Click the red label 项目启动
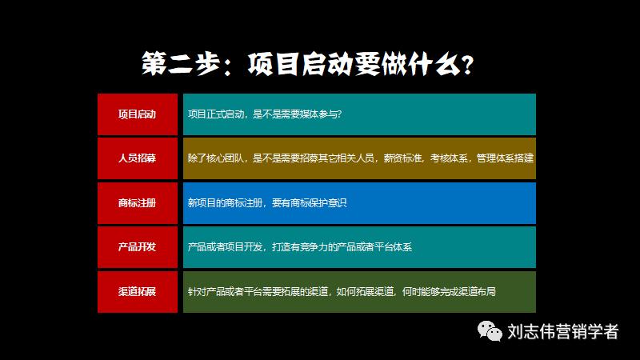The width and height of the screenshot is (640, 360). pos(137,114)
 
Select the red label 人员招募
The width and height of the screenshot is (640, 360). pos(137,158)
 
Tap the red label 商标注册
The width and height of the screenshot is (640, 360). pos(137,203)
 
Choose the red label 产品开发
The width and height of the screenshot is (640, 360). pos(137,247)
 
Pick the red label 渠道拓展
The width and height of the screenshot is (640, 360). pos(137,292)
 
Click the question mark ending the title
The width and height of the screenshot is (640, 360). pos(466,63)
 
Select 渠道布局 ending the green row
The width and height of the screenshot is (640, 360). pos(478,292)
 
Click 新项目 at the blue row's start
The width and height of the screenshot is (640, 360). pos(200,203)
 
